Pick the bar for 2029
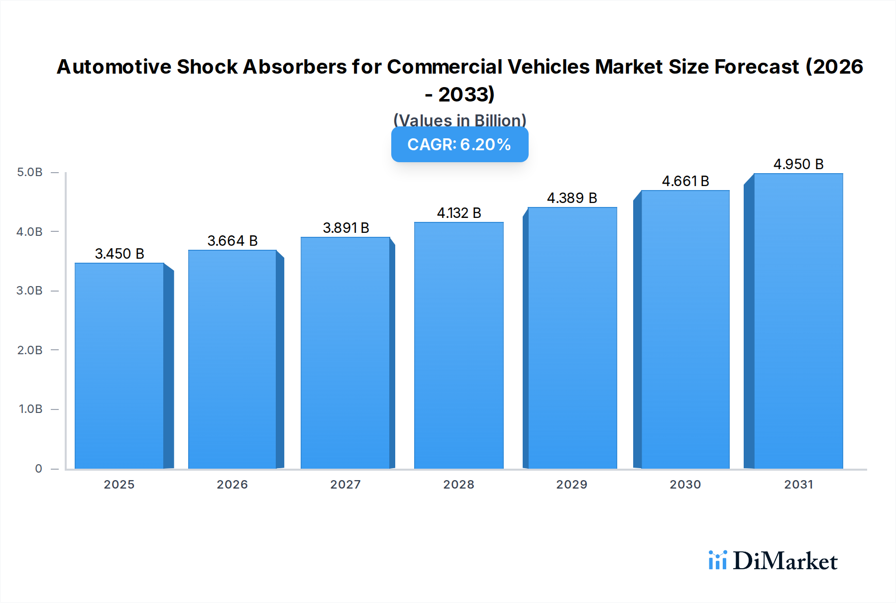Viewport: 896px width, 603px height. click(x=572, y=338)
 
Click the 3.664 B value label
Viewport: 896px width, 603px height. click(x=232, y=241)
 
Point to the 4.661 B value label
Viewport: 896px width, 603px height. click(x=685, y=181)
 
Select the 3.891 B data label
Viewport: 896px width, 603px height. click(x=346, y=228)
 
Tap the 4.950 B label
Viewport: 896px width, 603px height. click(x=798, y=164)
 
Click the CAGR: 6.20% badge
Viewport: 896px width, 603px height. click(x=459, y=144)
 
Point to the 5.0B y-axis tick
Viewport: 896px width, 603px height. click(x=30, y=172)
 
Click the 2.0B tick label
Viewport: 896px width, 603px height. click(x=30, y=350)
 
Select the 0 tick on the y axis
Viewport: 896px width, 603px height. click(x=38, y=469)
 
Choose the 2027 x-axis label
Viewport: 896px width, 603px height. click(x=345, y=485)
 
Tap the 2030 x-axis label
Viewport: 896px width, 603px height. click(x=685, y=485)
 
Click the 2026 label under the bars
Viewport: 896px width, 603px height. click(x=232, y=485)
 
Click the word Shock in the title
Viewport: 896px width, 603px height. click(x=207, y=67)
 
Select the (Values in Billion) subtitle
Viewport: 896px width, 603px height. click(x=459, y=120)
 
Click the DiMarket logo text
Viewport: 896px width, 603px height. click(x=785, y=561)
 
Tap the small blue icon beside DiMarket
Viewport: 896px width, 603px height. click(x=717, y=560)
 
